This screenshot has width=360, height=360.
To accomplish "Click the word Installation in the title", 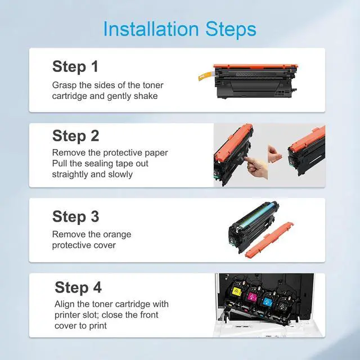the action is pos(151,29).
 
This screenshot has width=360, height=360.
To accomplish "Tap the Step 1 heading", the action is pos(75,67).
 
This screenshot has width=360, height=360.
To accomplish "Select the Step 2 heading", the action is pos(75,136).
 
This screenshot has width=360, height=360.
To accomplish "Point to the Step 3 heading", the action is pos(75,217).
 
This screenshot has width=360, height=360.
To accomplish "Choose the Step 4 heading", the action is pos(78,287).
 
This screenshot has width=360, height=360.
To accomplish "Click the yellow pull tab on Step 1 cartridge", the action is pos(206,76).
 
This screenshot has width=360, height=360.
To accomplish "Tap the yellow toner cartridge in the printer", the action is pos(236,292).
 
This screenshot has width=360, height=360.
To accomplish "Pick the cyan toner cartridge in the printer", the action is pos(267,301).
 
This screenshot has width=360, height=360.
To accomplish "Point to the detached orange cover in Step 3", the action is pos(269,240).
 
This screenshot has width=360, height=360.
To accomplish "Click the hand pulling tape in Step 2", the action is pos(256,166).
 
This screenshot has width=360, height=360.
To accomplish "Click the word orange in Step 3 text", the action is pos(117,235).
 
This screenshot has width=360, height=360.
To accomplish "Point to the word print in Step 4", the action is pos(98,326).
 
